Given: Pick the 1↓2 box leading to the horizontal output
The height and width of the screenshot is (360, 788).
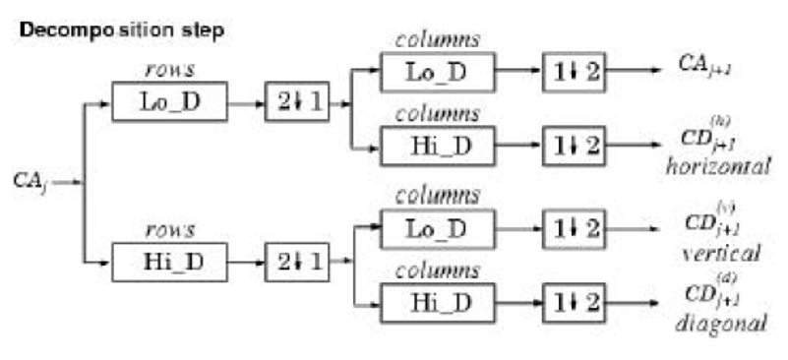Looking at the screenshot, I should (x=573, y=145).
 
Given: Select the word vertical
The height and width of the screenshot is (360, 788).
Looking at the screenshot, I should (x=720, y=253).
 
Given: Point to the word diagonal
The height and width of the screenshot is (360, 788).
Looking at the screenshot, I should (x=721, y=322).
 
